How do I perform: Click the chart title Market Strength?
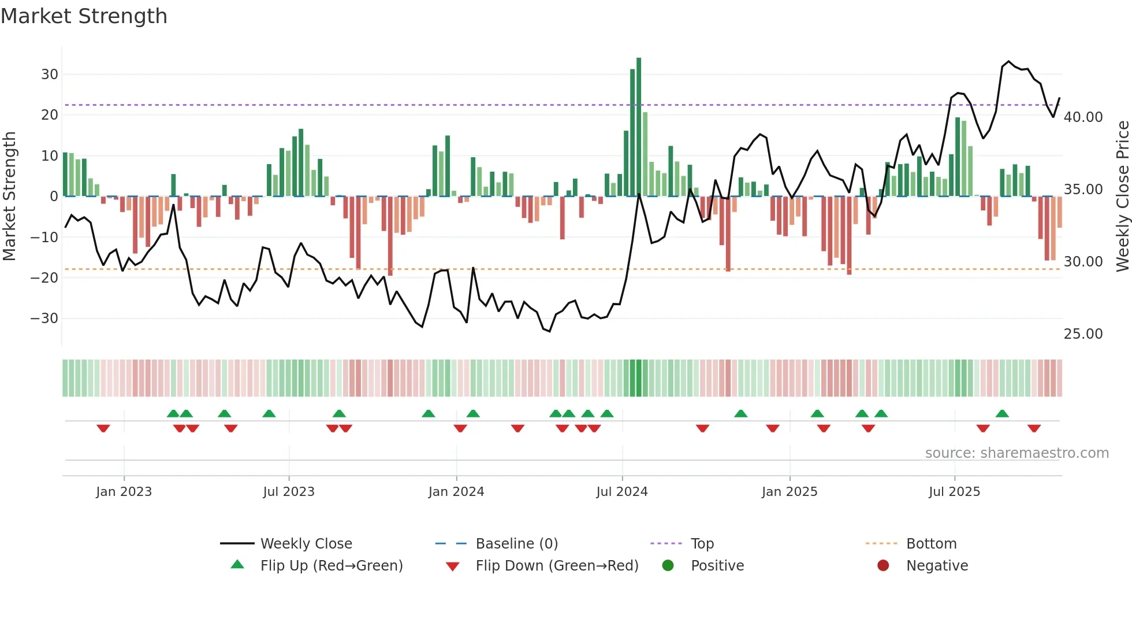pos(84,16)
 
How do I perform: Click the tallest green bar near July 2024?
pos(639,127)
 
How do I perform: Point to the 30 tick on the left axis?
pos(50,75)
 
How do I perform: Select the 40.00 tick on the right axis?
pos(1083,117)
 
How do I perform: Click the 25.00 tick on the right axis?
pos(1083,334)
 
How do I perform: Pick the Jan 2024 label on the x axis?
pos(456,492)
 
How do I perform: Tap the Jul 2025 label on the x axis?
pos(954,492)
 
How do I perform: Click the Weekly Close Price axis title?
pos(1122,197)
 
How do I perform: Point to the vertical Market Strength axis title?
pos(9,197)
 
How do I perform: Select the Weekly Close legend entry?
pos(306,544)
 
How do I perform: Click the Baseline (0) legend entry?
pos(516,544)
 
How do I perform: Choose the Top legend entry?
pos(702,544)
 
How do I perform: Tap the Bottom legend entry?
pos(931,544)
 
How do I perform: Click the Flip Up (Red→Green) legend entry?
pos(331,566)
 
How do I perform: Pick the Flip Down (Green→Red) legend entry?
pos(557,566)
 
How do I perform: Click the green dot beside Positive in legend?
pos(668,566)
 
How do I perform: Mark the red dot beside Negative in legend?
pos(883,566)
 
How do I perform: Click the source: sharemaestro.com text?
pos(1016,453)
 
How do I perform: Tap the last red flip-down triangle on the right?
pos(1034,428)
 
